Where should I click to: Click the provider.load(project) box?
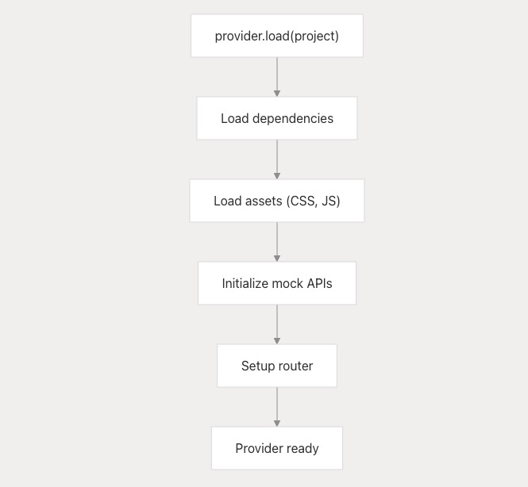(277, 36)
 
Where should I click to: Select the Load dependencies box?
(277, 118)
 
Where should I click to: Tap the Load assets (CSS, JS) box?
(277, 201)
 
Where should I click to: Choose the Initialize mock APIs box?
(277, 283)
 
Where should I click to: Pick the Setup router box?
(277, 366)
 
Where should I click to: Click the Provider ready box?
(277, 448)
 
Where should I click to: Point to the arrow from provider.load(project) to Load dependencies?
(277, 77)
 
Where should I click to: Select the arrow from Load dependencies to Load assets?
(277, 159)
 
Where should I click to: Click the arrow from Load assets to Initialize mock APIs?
(277, 242)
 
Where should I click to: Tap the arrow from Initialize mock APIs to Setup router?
(277, 324)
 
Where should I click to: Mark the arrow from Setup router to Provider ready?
(277, 407)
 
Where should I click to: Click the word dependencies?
(293, 119)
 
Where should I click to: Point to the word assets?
(264, 201)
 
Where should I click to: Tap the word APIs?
(319, 283)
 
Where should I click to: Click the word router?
(295, 366)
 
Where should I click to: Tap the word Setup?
(257, 366)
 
